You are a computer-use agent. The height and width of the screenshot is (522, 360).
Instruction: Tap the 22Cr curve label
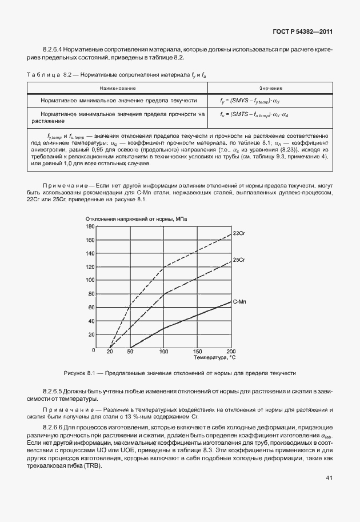(239, 234)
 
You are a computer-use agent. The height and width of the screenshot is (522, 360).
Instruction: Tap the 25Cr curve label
(239, 260)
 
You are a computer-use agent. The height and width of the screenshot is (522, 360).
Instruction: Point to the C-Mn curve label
(239, 301)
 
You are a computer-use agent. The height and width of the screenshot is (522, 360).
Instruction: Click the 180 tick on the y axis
(90, 226)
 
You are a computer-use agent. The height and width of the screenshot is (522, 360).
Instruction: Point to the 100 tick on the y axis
(90, 281)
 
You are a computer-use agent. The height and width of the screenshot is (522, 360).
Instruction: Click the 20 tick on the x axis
(110, 352)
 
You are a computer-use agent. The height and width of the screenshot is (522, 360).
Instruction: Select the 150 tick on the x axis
(198, 352)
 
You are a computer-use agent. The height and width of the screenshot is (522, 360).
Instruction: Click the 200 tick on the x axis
(231, 352)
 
